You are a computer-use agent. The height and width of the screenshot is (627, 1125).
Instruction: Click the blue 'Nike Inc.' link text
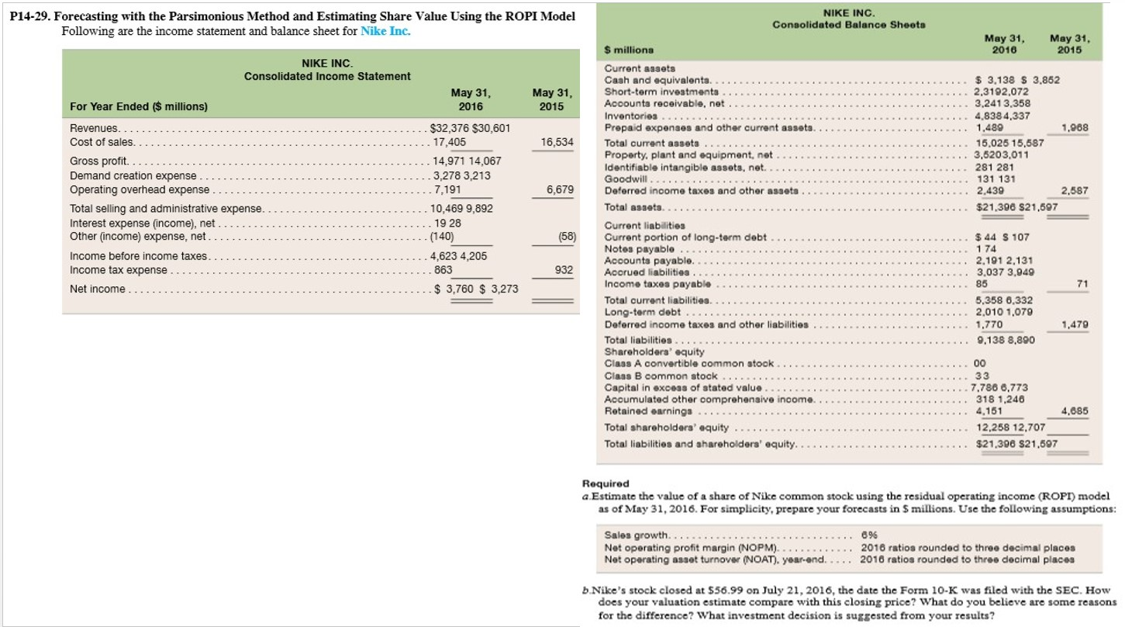click(x=386, y=32)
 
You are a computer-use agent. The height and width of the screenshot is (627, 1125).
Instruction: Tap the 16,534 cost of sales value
click(x=557, y=143)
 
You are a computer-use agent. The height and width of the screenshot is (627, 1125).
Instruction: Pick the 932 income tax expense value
click(x=564, y=270)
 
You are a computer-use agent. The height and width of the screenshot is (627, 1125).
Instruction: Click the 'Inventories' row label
click(x=627, y=116)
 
